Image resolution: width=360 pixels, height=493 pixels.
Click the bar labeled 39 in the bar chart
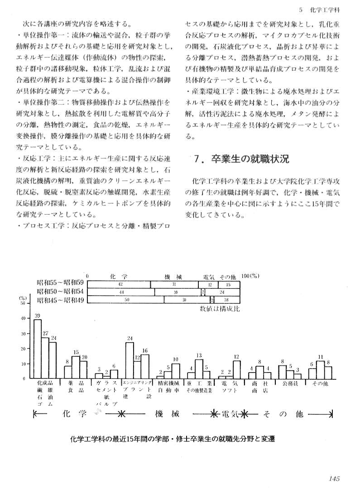38,349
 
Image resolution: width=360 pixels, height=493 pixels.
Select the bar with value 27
45,358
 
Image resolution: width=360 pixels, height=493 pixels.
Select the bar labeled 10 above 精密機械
175,371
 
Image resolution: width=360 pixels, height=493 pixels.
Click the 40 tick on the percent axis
24,318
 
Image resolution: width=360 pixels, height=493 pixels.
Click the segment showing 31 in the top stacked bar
173,284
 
